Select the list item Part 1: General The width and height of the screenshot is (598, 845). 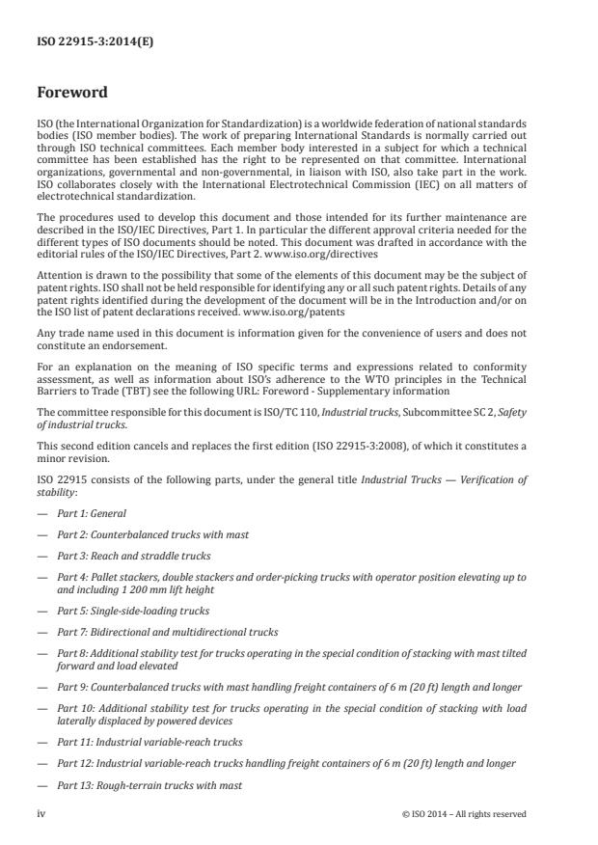coord(91,513)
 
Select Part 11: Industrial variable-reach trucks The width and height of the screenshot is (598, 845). coord(149,741)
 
